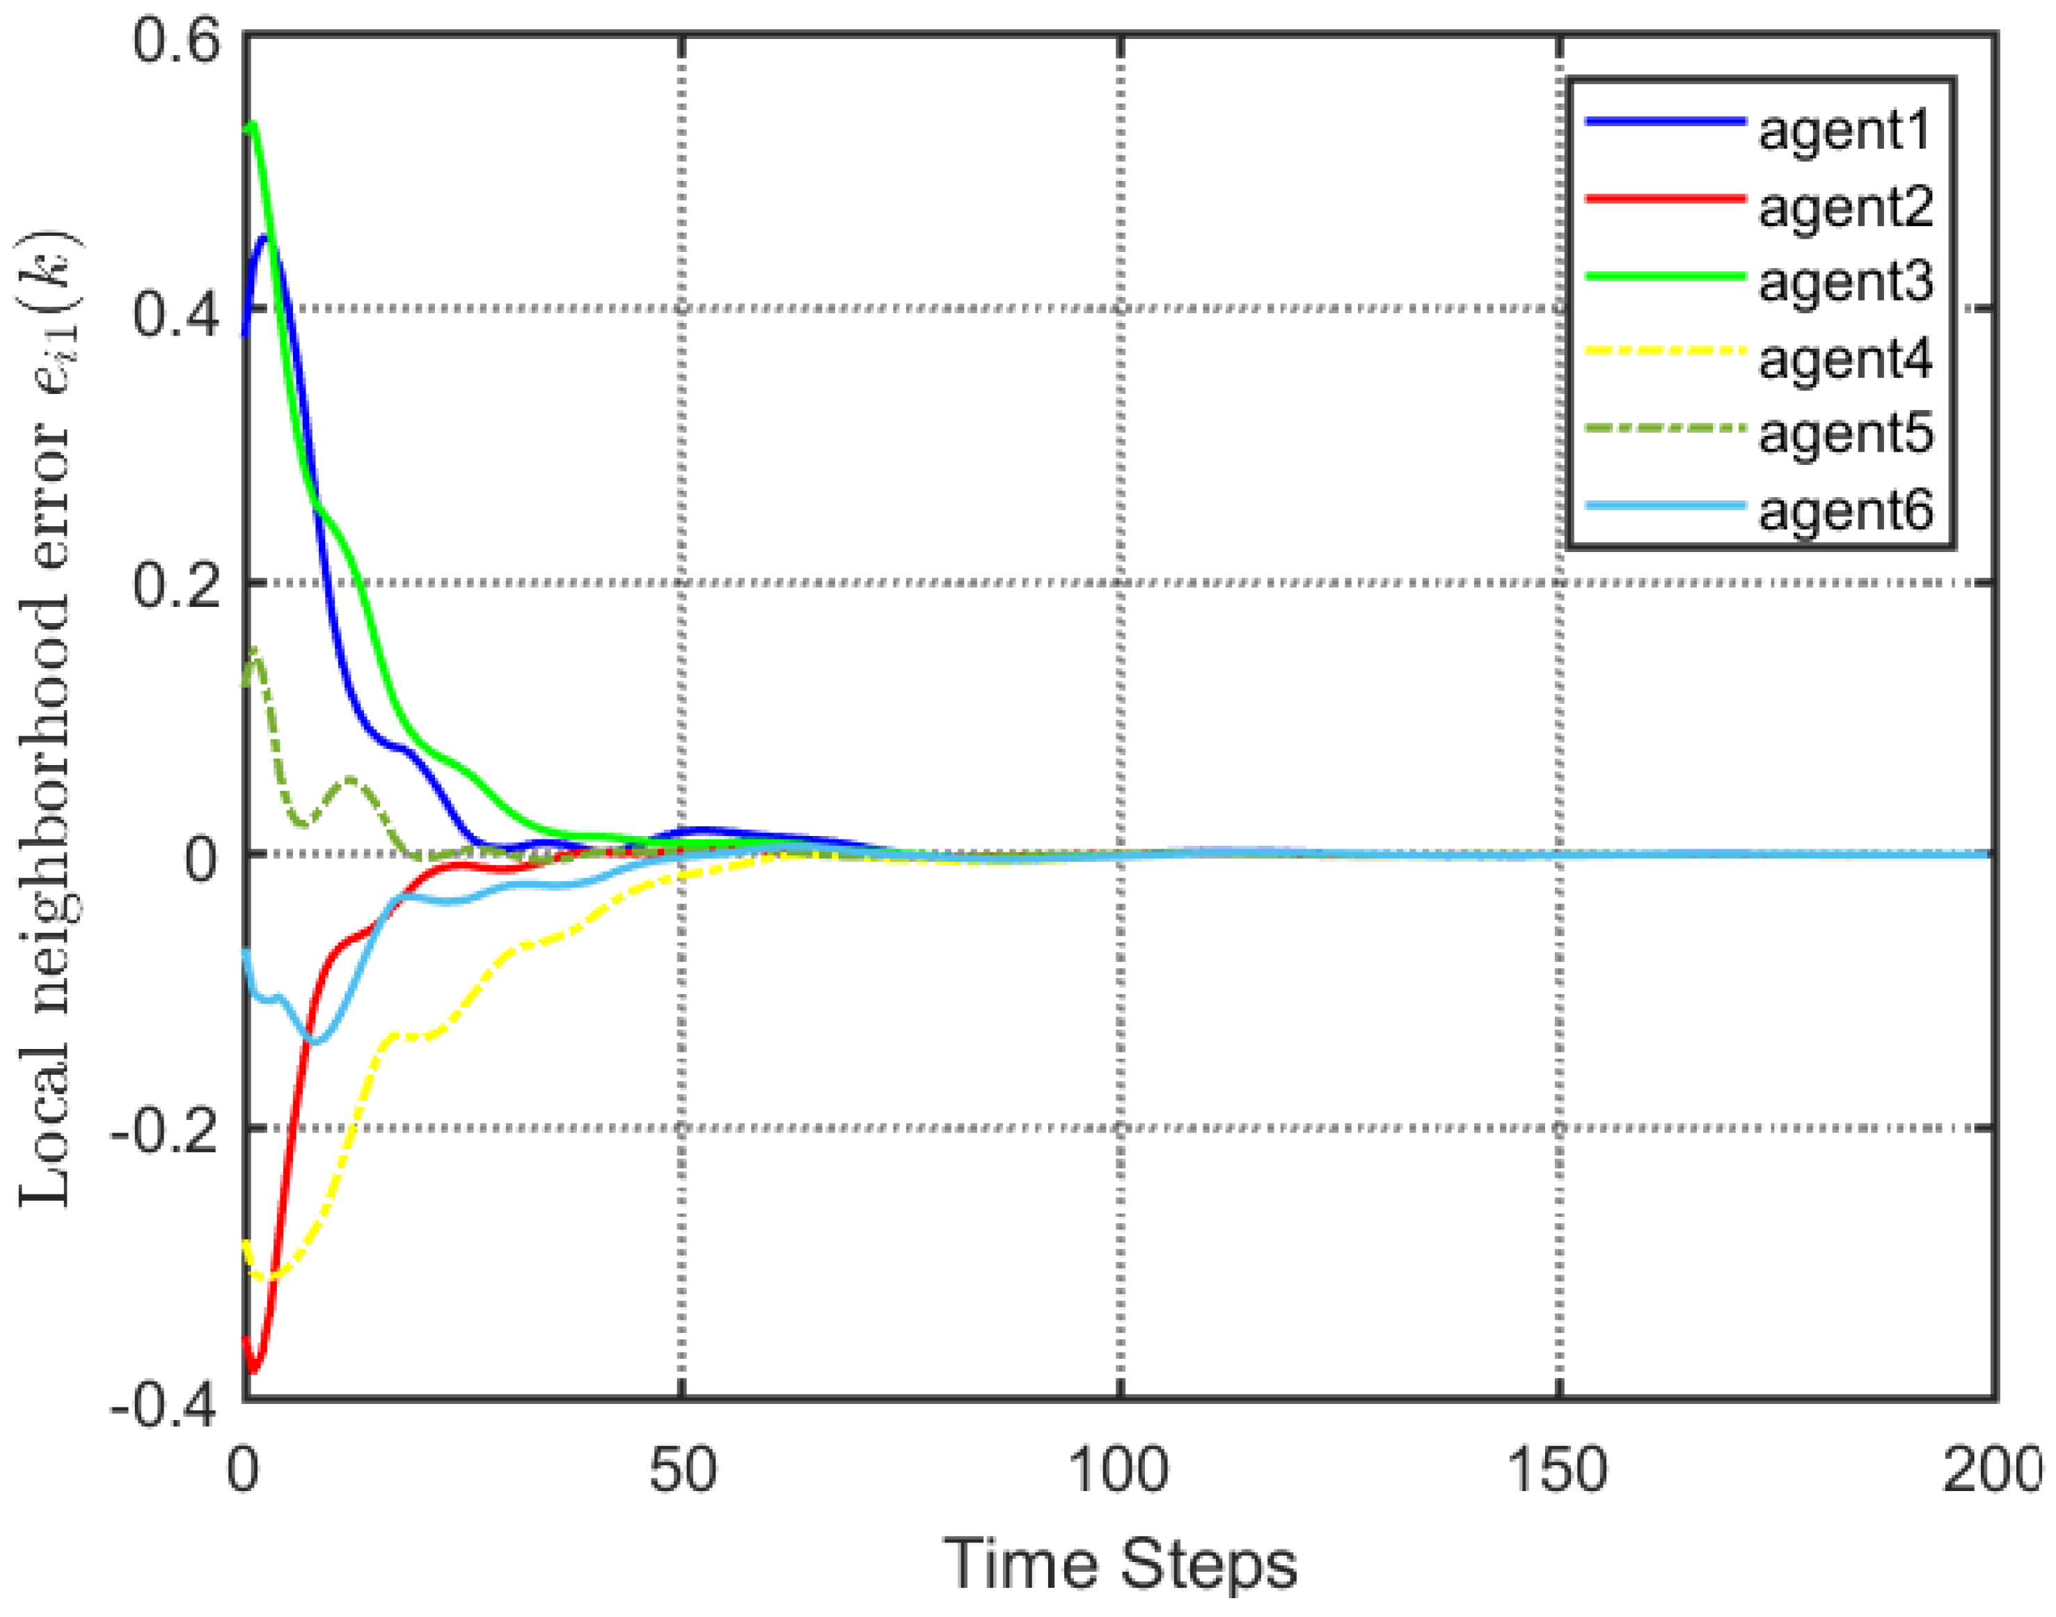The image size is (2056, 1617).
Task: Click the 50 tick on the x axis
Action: (681, 1470)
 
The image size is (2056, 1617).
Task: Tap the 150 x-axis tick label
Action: (1557, 1470)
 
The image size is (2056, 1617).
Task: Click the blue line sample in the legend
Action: (1664, 122)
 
